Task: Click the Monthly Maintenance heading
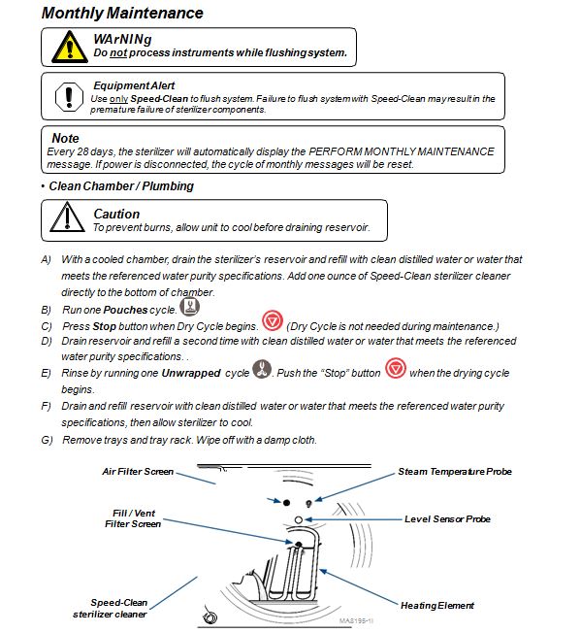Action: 122,13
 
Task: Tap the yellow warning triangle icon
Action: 70,48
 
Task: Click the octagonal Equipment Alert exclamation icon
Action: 69,97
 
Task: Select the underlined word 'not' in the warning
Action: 118,52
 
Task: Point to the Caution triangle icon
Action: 67,217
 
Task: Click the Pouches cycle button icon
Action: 189,307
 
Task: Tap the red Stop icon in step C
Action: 273,321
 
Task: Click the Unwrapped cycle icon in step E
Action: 262,369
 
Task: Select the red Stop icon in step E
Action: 395,368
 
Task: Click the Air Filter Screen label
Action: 138,472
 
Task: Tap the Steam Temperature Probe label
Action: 455,472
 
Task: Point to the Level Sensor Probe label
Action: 447,519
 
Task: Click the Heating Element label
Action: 437,605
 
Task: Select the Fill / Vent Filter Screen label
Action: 133,518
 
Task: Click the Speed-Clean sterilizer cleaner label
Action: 110,609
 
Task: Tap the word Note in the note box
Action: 65,139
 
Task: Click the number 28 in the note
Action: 82,151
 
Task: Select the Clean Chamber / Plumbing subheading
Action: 121,186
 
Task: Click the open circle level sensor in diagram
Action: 299,520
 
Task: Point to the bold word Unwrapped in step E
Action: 191,373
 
